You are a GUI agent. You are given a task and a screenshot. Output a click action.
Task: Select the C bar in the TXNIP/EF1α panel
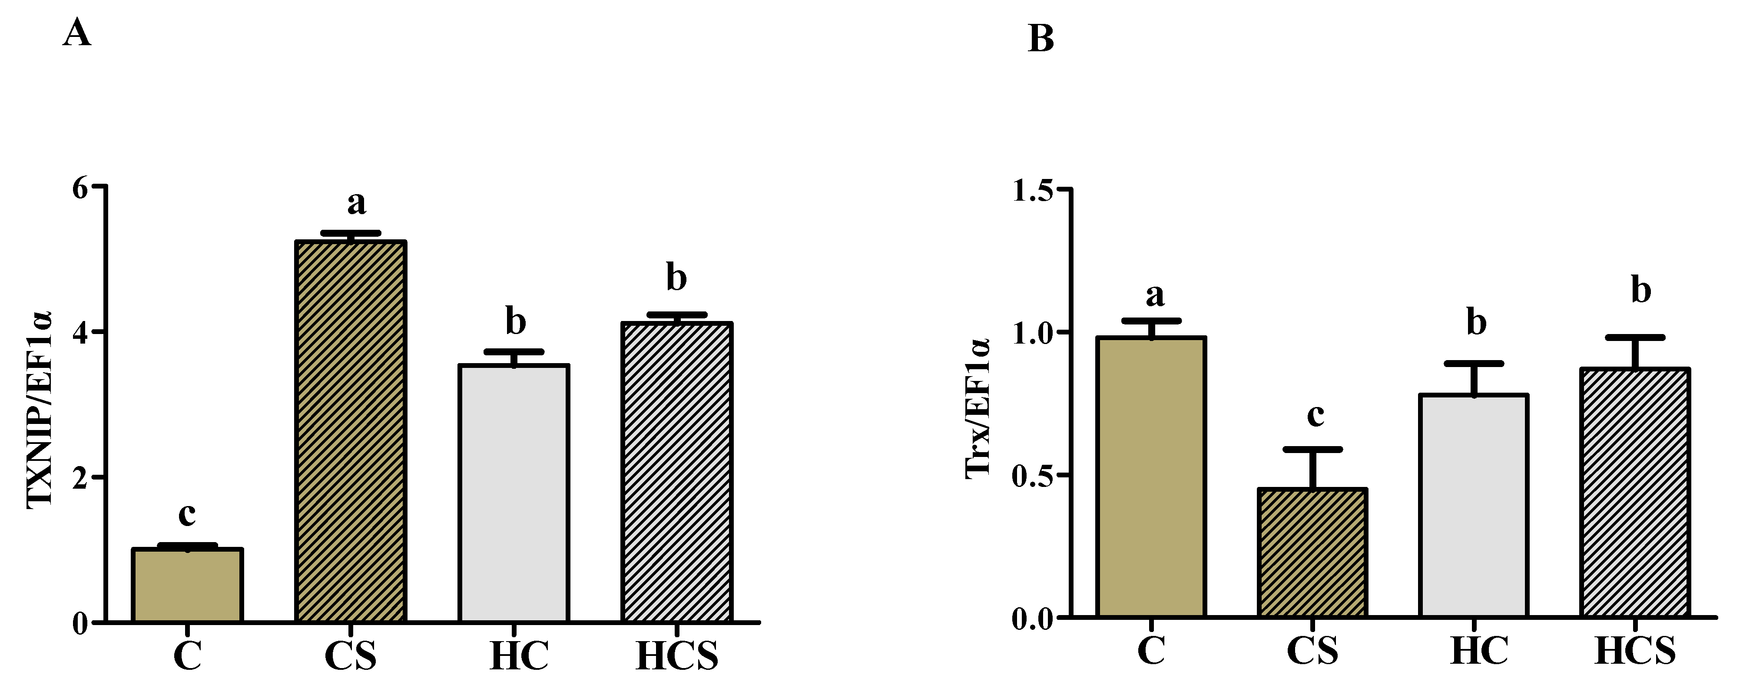[x=187, y=585]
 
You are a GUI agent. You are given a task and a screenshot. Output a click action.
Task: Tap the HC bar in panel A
[x=514, y=493]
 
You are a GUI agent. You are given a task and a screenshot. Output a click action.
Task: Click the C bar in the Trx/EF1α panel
[x=1151, y=477]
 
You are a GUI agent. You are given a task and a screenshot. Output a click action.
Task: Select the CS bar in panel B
[x=1312, y=553]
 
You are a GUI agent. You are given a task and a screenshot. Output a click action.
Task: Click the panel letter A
[x=76, y=33]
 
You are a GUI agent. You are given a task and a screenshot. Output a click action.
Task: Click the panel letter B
[x=1040, y=39]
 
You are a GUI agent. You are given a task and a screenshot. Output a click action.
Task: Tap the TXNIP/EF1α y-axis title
[x=39, y=409]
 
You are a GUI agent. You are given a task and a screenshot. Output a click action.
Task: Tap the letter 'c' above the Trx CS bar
[x=1315, y=414]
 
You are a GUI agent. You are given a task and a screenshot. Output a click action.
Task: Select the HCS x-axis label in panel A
[x=676, y=656]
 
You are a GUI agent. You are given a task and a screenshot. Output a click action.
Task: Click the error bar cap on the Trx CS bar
[x=1312, y=450]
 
